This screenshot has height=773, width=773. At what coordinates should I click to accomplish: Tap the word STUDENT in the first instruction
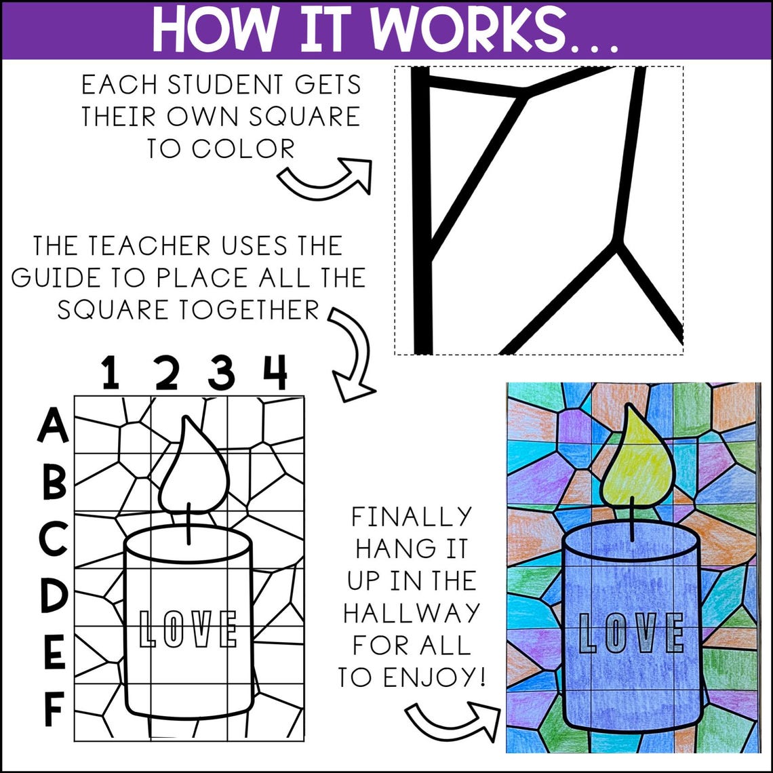(228, 86)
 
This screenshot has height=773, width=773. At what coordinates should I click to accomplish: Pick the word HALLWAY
(411, 613)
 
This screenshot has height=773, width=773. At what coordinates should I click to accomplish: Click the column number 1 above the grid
(111, 373)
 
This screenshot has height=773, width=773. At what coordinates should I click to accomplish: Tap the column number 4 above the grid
(275, 373)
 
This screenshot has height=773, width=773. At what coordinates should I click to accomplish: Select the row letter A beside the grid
(53, 427)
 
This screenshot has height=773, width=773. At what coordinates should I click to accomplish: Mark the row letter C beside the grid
(53, 539)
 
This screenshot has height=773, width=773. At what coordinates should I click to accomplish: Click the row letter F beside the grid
(54, 709)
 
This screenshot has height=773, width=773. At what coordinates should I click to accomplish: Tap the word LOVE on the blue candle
(631, 633)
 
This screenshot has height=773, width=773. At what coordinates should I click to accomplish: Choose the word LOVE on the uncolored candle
(188, 629)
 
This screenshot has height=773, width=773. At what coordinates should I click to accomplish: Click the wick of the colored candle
(633, 519)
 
